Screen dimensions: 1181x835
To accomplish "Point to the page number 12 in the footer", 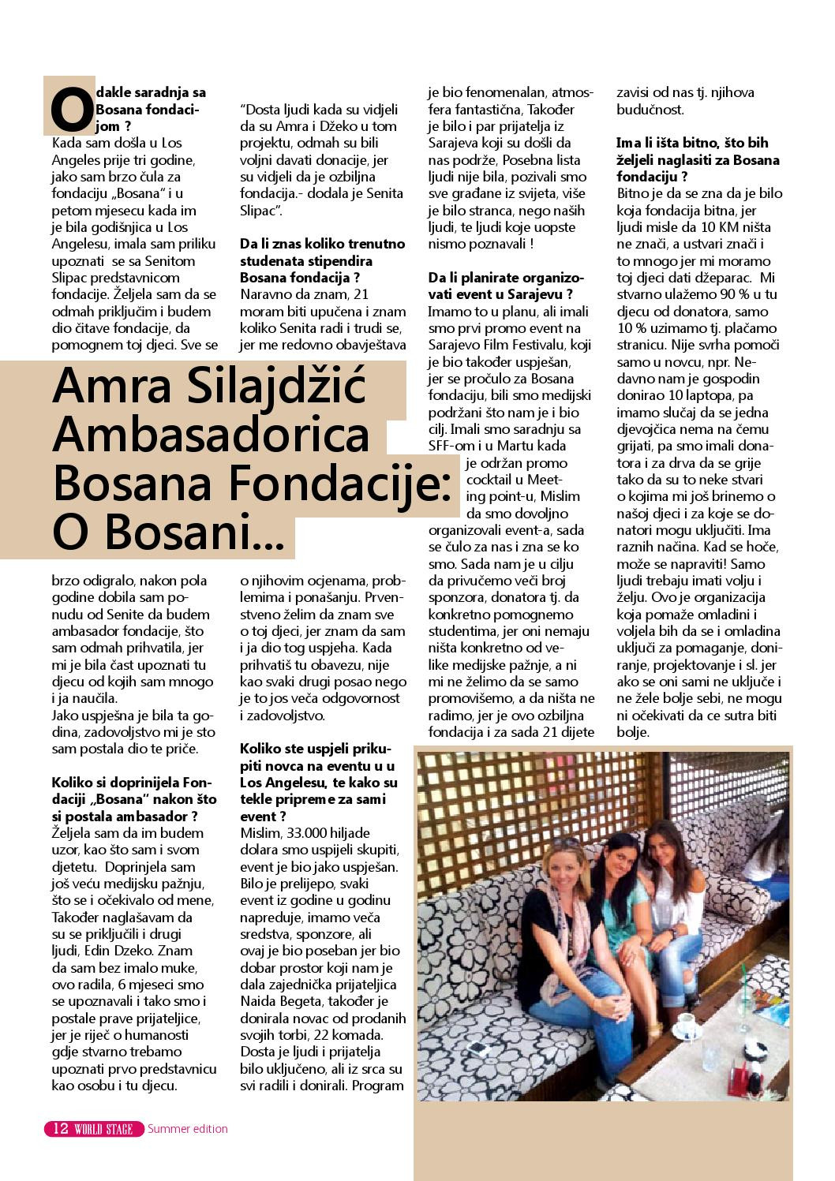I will coord(60,1128).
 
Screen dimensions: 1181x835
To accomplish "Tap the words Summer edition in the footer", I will coord(188,1128).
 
